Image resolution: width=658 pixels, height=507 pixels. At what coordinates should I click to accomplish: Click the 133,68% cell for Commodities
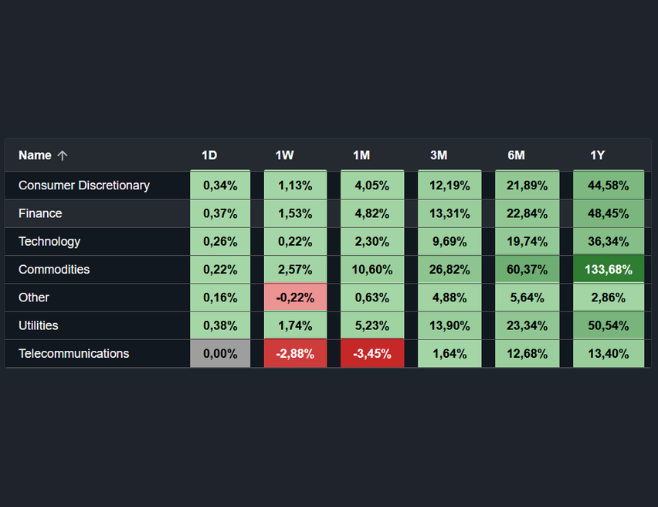pos(609,270)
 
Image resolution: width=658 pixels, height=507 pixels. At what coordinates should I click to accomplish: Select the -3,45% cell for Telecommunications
pos(372,354)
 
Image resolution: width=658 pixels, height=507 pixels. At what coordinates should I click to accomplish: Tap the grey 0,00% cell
pos(220,354)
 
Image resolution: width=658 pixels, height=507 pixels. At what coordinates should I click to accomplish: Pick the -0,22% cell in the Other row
pos(295,298)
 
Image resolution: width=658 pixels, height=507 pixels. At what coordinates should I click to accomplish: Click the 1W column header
pos(284,155)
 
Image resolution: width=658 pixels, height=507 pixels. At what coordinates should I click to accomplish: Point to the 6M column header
pos(516,155)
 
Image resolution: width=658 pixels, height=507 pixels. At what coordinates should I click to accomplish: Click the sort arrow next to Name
pos(63,155)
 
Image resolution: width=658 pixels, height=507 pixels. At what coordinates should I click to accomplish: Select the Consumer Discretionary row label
pos(84,185)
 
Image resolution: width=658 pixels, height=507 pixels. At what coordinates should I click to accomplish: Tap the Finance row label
pos(40,213)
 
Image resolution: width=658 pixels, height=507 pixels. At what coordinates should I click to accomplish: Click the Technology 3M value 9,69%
pos(449,242)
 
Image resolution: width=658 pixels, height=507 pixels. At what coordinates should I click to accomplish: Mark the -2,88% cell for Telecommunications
pos(295,354)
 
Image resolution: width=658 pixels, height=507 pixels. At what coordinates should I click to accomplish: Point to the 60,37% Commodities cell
pos(527,270)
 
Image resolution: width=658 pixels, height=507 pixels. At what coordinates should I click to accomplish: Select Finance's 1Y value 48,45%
pos(609,213)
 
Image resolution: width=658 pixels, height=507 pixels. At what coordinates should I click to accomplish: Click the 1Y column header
pos(597,155)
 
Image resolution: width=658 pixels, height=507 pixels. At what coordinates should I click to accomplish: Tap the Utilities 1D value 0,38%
pos(220,325)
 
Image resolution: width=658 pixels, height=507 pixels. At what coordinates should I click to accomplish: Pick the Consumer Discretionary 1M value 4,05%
pos(372,185)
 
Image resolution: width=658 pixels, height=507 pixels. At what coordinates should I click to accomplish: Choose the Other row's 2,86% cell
pos(609,298)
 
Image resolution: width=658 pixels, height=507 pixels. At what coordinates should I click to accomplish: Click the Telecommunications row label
pos(74,354)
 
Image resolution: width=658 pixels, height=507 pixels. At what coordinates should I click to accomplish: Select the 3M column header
pos(439,155)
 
